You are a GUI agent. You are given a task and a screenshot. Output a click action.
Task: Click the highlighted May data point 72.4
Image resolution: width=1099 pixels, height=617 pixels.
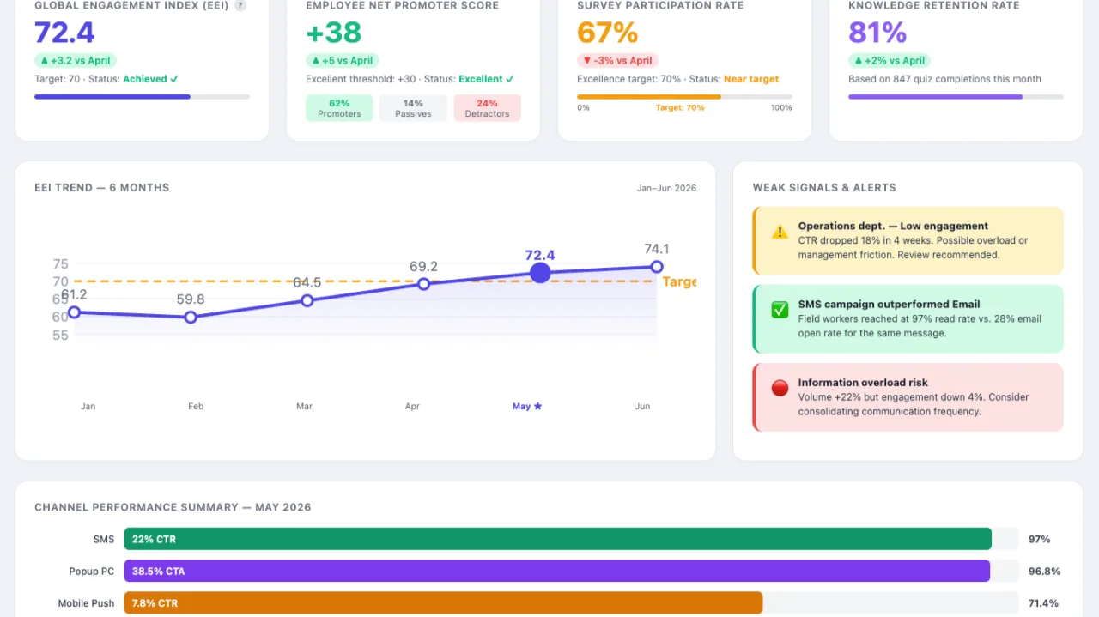click(x=540, y=273)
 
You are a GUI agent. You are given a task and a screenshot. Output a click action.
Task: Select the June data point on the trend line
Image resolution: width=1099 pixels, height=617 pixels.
click(x=657, y=267)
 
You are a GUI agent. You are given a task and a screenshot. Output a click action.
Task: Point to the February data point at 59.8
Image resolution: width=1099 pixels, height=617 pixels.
click(x=191, y=318)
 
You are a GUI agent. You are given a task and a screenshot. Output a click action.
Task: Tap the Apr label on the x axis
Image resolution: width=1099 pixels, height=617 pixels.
click(x=412, y=406)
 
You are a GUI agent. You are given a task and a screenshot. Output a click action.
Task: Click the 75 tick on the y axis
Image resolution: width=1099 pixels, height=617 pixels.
click(x=60, y=263)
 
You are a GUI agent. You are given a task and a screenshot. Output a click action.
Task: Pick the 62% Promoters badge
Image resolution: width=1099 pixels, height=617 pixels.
click(x=339, y=108)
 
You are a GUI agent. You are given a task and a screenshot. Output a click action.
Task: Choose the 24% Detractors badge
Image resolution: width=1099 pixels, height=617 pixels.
click(x=487, y=108)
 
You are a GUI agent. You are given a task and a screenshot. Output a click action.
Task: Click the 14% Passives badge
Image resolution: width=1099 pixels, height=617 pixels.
click(x=413, y=108)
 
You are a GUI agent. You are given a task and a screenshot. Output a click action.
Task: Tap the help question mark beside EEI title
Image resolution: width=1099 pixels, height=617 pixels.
click(x=240, y=5)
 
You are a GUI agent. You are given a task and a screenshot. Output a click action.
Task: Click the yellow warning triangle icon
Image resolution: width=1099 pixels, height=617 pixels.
click(x=780, y=232)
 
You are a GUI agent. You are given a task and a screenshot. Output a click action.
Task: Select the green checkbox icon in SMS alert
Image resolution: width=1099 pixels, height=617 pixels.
click(x=780, y=310)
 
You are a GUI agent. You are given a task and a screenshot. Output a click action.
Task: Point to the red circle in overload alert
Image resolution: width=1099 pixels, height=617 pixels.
click(x=780, y=388)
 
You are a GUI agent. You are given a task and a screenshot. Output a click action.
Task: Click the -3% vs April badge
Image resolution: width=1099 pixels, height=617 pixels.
click(x=617, y=60)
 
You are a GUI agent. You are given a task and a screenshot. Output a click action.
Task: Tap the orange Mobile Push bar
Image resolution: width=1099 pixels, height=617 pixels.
click(x=443, y=602)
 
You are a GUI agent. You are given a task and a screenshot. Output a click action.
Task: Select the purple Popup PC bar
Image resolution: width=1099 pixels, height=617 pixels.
click(x=557, y=571)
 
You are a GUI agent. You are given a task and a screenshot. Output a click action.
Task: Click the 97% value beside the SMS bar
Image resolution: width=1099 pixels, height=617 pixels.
click(x=1039, y=539)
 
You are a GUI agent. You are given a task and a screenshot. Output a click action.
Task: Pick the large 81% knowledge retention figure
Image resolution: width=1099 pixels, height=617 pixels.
click(x=877, y=33)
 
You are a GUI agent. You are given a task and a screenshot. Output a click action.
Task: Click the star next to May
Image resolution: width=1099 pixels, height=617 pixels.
click(x=537, y=406)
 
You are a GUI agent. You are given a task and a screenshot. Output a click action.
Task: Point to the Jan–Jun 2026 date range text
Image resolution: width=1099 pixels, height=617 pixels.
click(x=666, y=188)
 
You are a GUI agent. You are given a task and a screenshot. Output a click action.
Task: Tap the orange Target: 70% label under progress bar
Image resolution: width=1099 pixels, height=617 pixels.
click(x=680, y=107)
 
